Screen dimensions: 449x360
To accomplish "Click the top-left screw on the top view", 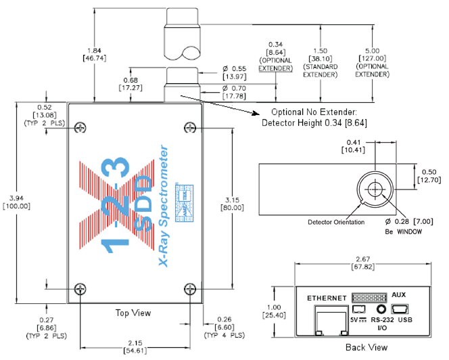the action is (80, 127).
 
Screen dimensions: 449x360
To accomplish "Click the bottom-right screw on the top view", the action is (190, 289).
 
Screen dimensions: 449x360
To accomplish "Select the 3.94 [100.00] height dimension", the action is (16, 202).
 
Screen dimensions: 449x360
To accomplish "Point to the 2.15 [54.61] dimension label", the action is (135, 347).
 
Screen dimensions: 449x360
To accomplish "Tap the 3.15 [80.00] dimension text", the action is (232, 204).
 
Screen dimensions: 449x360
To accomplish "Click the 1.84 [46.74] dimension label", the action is (94, 54).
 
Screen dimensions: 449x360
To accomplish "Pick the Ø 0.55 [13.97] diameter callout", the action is (234, 72).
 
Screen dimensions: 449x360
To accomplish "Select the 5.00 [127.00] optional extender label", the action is (373, 62).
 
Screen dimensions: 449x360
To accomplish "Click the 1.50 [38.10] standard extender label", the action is (320, 63).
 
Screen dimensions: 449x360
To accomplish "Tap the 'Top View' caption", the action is (133, 313).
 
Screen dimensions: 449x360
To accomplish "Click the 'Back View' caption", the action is (367, 347).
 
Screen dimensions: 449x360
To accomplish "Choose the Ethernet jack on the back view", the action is (331, 321).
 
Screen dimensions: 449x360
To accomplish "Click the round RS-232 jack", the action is (381, 309).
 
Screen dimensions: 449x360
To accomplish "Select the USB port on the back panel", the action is (400, 309).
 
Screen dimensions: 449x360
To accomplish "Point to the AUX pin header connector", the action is (369, 298).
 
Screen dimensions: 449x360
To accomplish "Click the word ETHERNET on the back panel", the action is (327, 298).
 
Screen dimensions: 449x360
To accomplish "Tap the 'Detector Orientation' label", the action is (336, 222).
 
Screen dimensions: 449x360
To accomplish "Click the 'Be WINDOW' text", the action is (404, 231).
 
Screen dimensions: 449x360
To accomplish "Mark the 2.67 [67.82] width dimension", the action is (363, 263).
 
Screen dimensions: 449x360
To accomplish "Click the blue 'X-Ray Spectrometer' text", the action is (164, 206).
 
